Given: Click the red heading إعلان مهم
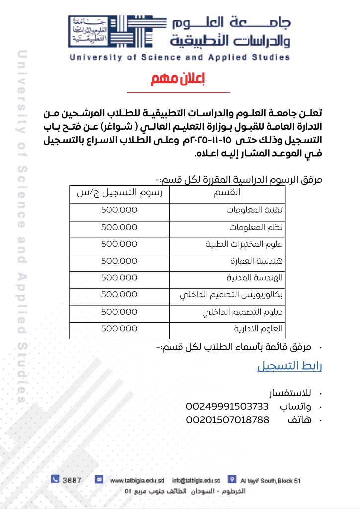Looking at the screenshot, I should [x=179, y=79].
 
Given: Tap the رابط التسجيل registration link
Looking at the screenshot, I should [x=289, y=367].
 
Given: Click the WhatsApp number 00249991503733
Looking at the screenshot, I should [x=227, y=406].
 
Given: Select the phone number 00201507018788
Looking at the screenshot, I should [x=227, y=420].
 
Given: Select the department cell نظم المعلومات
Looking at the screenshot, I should [x=256, y=227].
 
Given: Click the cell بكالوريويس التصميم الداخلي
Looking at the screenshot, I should [x=231, y=295].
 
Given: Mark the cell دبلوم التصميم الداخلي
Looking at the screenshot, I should [x=243, y=312].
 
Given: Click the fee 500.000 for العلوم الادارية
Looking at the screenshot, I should [x=119, y=329].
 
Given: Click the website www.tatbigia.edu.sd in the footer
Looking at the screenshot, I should [x=137, y=481].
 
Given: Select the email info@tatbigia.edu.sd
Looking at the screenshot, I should [x=196, y=481].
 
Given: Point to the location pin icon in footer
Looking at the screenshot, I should [x=231, y=480].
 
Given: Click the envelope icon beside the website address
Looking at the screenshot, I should [x=99, y=480].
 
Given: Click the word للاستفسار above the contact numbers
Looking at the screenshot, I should [x=290, y=393].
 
